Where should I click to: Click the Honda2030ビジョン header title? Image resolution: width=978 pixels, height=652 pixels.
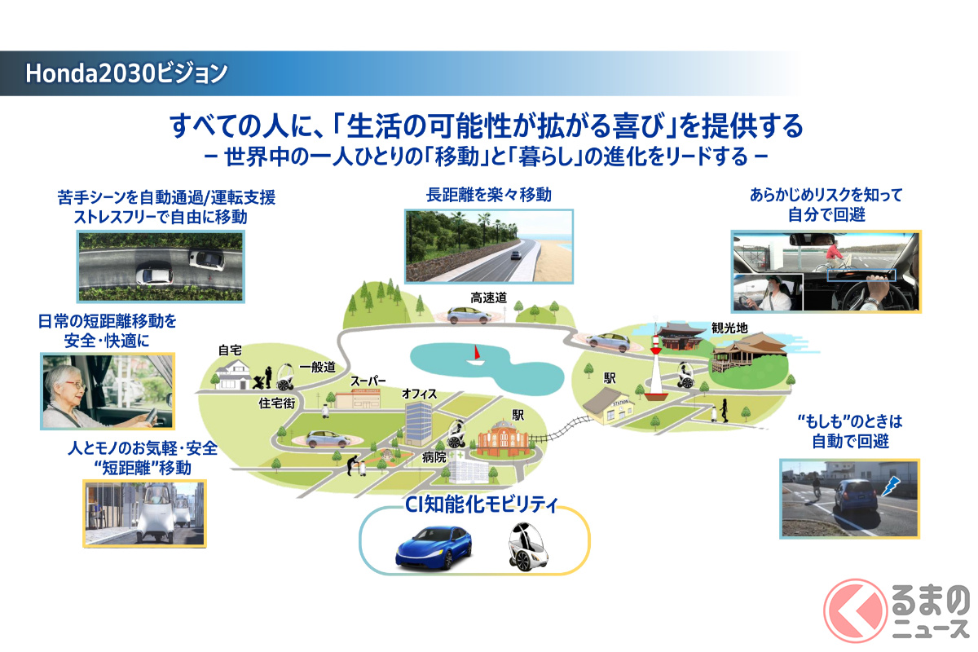pyautogui.click(x=126, y=73)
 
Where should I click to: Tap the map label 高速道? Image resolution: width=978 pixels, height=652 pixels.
pyautogui.click(x=488, y=297)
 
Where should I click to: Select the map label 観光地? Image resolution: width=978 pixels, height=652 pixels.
pyautogui.click(x=729, y=328)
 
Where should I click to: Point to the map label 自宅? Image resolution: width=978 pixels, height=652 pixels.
pyautogui.click(x=230, y=350)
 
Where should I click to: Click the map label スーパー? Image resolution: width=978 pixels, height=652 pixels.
pyautogui.click(x=368, y=381)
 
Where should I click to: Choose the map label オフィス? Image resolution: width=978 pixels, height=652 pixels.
pyautogui.click(x=419, y=394)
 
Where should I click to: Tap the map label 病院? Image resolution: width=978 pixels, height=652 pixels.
pyautogui.click(x=434, y=457)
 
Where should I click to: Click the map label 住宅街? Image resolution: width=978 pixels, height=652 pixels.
pyautogui.click(x=277, y=403)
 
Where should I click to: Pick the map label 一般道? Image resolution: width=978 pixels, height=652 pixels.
pyautogui.click(x=317, y=368)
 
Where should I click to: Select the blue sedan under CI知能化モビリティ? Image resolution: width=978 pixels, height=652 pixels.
pyautogui.click(x=434, y=548)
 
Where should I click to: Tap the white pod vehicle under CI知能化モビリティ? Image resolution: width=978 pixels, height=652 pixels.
pyautogui.click(x=529, y=547)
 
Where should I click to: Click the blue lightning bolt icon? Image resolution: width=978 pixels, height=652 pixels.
pyautogui.click(x=891, y=486)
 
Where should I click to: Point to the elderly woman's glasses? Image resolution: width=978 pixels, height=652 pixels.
pyautogui.click(x=76, y=385)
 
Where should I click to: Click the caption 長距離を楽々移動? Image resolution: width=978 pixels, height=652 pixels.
pyautogui.click(x=488, y=195)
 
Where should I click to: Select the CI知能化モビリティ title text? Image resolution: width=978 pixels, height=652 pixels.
pyautogui.click(x=482, y=504)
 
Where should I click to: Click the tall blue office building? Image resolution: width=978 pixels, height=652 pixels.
pyautogui.click(x=418, y=424)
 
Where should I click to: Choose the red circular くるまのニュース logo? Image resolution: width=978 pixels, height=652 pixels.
pyautogui.click(x=855, y=610)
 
